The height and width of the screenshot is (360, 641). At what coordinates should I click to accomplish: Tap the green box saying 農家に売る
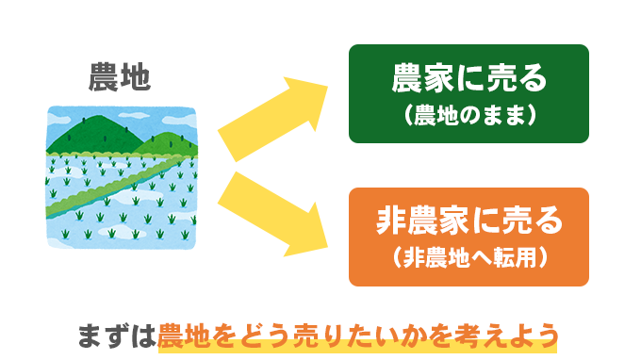point(468,93)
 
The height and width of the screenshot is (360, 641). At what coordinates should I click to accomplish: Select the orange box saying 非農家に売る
point(468,237)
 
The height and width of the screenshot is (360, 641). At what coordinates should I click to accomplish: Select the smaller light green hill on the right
point(170,141)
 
